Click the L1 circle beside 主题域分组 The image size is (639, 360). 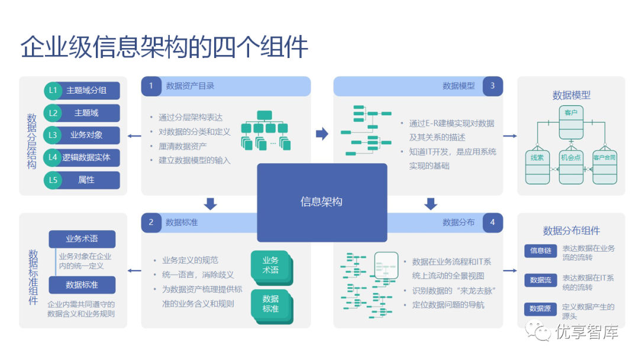point(53,91)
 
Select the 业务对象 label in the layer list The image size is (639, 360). point(86,135)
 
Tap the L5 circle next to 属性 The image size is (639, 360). point(53,180)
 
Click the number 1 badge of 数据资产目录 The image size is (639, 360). point(151,86)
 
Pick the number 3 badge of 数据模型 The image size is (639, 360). point(492,86)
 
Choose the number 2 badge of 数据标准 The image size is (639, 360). point(151,223)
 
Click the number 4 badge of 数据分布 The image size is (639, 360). point(492,223)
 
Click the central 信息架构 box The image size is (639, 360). point(321,202)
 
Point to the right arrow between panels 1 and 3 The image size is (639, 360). point(322,134)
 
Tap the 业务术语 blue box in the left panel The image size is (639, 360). point(82,239)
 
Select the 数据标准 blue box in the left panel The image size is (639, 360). point(82,285)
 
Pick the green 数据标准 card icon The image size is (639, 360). point(270,304)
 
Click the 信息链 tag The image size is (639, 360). point(540,250)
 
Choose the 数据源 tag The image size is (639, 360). point(540,308)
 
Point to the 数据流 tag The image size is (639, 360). point(540,279)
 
